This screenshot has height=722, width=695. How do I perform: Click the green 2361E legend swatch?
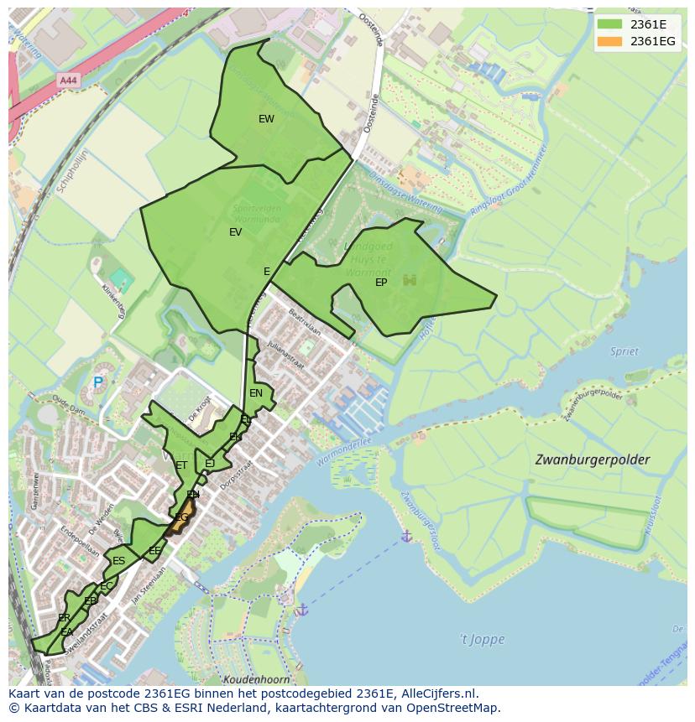coord(609,24)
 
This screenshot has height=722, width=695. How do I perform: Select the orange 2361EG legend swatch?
coord(609,41)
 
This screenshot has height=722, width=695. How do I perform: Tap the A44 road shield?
coord(69,81)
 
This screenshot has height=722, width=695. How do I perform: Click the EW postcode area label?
coord(266,119)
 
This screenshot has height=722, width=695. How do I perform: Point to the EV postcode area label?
coord(236,232)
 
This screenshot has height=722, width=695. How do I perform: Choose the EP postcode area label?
coord(381,283)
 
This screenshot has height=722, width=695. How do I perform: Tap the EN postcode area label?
coord(256,392)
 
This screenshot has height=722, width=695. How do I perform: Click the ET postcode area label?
coord(181,465)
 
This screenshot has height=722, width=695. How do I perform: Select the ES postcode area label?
coord(118,561)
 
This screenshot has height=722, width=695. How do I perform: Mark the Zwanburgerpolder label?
coord(593,460)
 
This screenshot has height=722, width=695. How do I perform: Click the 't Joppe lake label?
coord(482,639)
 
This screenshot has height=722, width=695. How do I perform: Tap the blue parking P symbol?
coord(98,382)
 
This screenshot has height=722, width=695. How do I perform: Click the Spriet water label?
coord(624,351)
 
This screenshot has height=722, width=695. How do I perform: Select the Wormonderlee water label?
coord(344,452)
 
